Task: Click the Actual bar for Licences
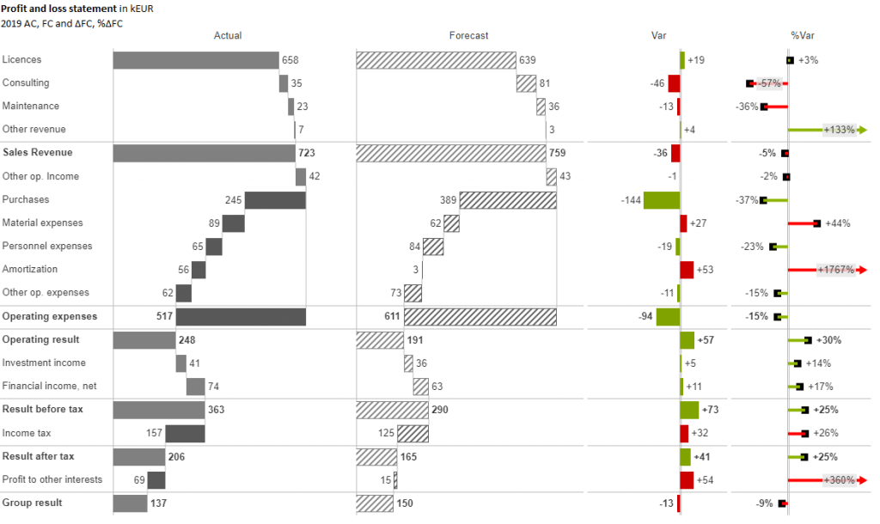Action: (196, 60)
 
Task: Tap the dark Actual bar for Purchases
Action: (275, 200)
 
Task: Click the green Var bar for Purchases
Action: (661, 200)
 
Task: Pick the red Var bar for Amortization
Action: (687, 270)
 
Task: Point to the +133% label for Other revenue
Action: (839, 130)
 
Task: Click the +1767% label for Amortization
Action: (836, 270)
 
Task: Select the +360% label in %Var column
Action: (839, 480)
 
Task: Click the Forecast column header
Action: (468, 36)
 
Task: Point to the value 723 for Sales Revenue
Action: (307, 153)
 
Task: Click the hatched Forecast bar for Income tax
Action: (412, 434)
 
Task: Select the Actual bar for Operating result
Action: (144, 340)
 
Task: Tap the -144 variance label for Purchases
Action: (631, 200)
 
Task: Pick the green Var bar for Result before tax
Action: (689, 410)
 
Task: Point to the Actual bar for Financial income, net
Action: (195, 387)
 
